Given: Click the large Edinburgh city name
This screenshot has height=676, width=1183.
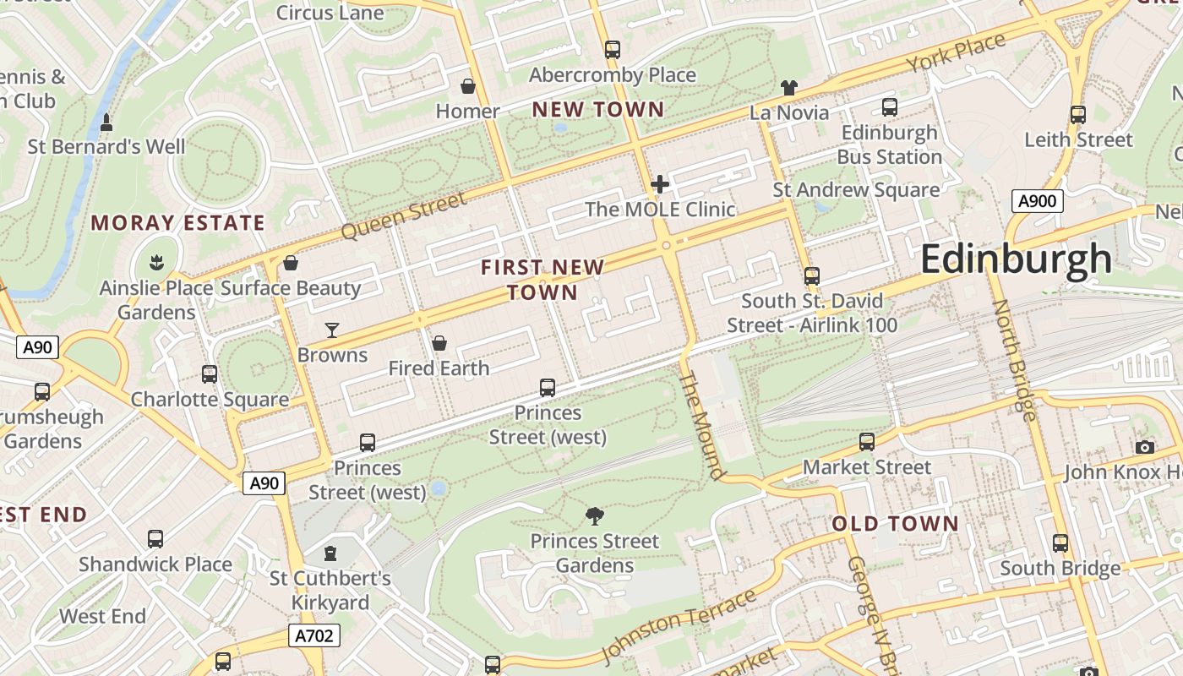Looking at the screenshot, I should click(x=1016, y=259).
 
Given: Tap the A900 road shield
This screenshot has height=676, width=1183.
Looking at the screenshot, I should click(x=1037, y=201).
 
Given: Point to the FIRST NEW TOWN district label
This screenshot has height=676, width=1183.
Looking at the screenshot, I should click(x=542, y=280).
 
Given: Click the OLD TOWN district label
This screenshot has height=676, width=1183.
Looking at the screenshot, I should click(x=895, y=524).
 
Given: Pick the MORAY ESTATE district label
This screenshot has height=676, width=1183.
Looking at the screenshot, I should click(x=178, y=223).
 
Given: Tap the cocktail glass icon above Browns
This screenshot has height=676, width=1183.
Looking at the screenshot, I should click(x=332, y=330).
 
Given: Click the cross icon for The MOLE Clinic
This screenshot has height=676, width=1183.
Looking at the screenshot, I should click(x=660, y=184).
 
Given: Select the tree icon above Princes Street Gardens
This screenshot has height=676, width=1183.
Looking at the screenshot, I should click(x=595, y=515).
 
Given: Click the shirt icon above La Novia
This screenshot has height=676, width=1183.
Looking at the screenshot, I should click(x=788, y=87).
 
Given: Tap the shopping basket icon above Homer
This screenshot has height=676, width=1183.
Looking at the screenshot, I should click(x=467, y=86).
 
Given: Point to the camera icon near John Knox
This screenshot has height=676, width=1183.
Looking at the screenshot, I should click(x=1145, y=447).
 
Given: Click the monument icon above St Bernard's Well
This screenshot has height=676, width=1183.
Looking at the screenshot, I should click(x=106, y=123).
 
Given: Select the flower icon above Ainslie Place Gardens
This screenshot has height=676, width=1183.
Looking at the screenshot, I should click(x=155, y=263).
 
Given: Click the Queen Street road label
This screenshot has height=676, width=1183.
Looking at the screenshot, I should click(x=404, y=216).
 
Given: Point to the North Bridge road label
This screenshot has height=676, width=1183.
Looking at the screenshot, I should click(x=1013, y=361).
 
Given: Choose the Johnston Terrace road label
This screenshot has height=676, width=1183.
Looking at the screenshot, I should click(x=679, y=627).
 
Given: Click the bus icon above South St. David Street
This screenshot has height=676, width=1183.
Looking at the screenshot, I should click(x=812, y=276).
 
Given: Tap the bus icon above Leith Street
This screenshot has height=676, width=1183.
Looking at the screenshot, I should click(x=1077, y=115).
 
